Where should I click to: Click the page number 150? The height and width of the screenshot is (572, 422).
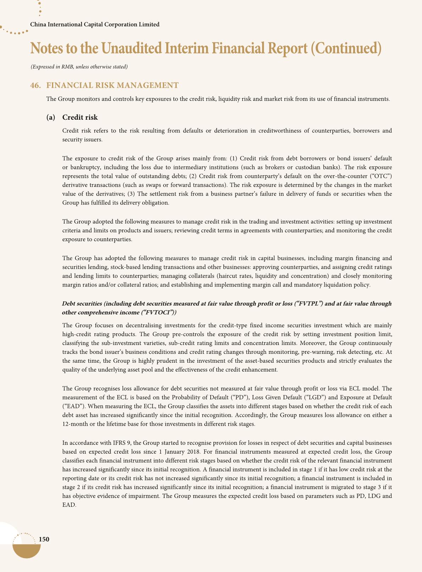pyautogui.click(x=44, y=539)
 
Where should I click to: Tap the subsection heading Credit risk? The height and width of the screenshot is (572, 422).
pyautogui.click(x=80, y=117)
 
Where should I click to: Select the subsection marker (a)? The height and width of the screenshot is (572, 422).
pyautogui.click(x=51, y=117)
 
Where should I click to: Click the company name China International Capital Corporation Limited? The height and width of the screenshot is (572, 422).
pyautogui.click(x=95, y=24)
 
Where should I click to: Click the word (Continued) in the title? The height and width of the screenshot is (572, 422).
pyautogui.click(x=346, y=49)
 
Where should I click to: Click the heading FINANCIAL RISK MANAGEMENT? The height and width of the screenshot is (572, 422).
pyautogui.click(x=112, y=85)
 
